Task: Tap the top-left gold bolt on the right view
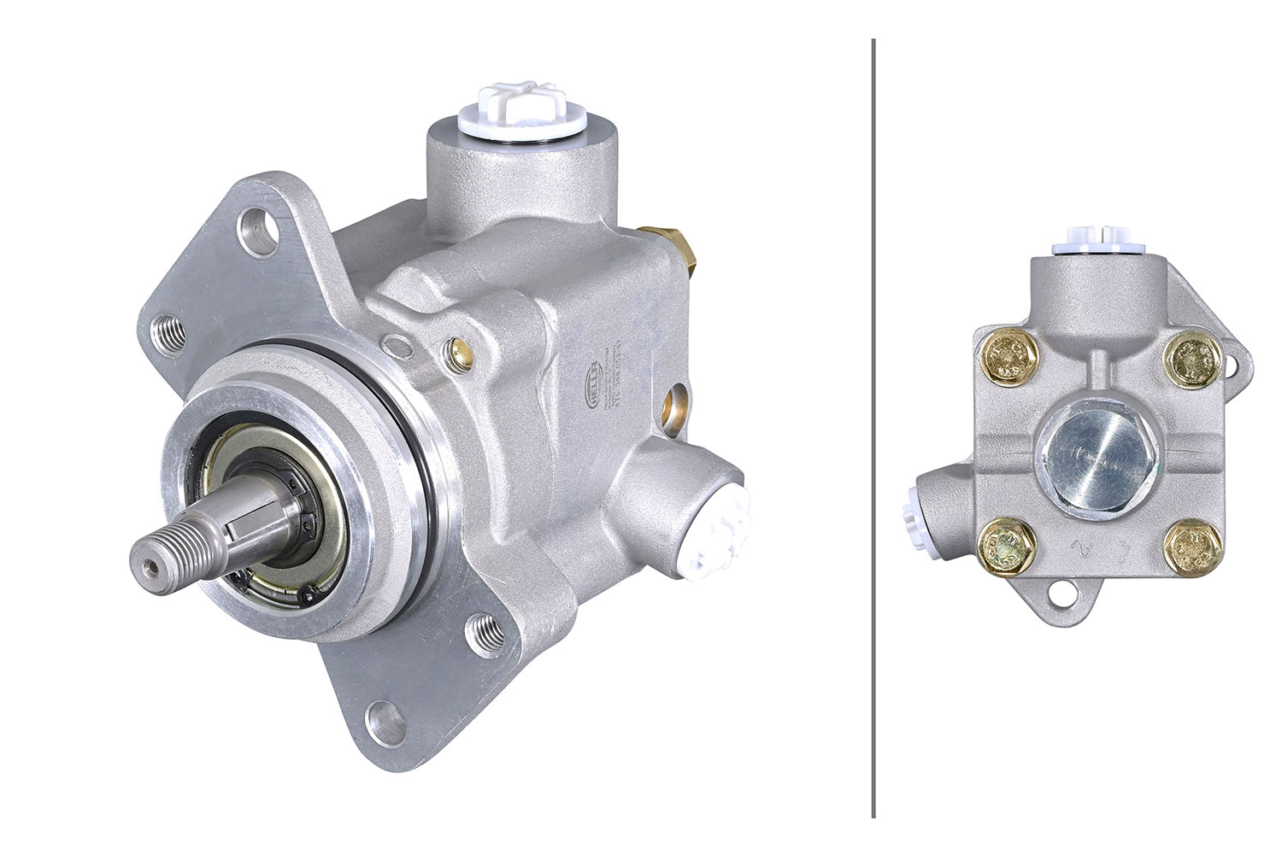click(1009, 358)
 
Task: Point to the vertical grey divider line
click(873, 427)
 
